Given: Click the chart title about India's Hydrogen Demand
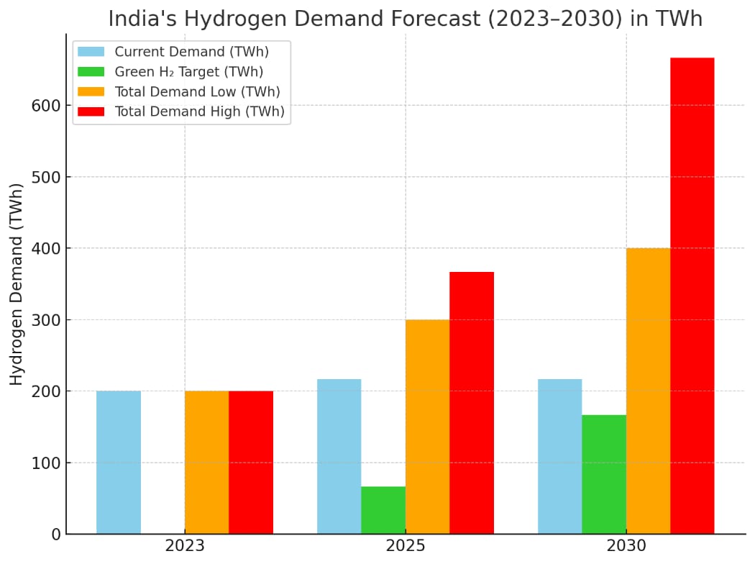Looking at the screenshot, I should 406,18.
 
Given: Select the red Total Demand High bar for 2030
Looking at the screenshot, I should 692,295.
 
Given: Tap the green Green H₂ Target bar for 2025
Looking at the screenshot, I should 383,510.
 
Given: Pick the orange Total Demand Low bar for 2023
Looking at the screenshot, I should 206,462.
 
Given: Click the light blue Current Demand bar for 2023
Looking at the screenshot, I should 119,462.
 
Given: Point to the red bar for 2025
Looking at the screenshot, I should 472,403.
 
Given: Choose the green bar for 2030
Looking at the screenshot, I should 604,474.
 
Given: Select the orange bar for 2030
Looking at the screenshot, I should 648,391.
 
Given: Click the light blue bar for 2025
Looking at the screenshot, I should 339,456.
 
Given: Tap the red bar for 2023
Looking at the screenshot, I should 251,462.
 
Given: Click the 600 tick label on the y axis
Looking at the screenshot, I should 45,106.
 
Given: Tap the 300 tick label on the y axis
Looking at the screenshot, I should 45,320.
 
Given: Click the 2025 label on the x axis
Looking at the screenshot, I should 406,546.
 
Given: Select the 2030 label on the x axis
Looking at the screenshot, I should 626,546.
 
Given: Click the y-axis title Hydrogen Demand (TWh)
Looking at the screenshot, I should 17,284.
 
